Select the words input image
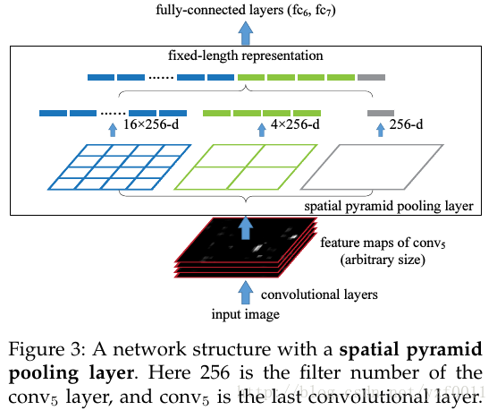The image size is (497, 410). click(246, 313)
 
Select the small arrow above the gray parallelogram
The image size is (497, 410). click(380, 129)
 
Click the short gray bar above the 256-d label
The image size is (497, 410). click(380, 113)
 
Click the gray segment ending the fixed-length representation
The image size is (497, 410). click(371, 78)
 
